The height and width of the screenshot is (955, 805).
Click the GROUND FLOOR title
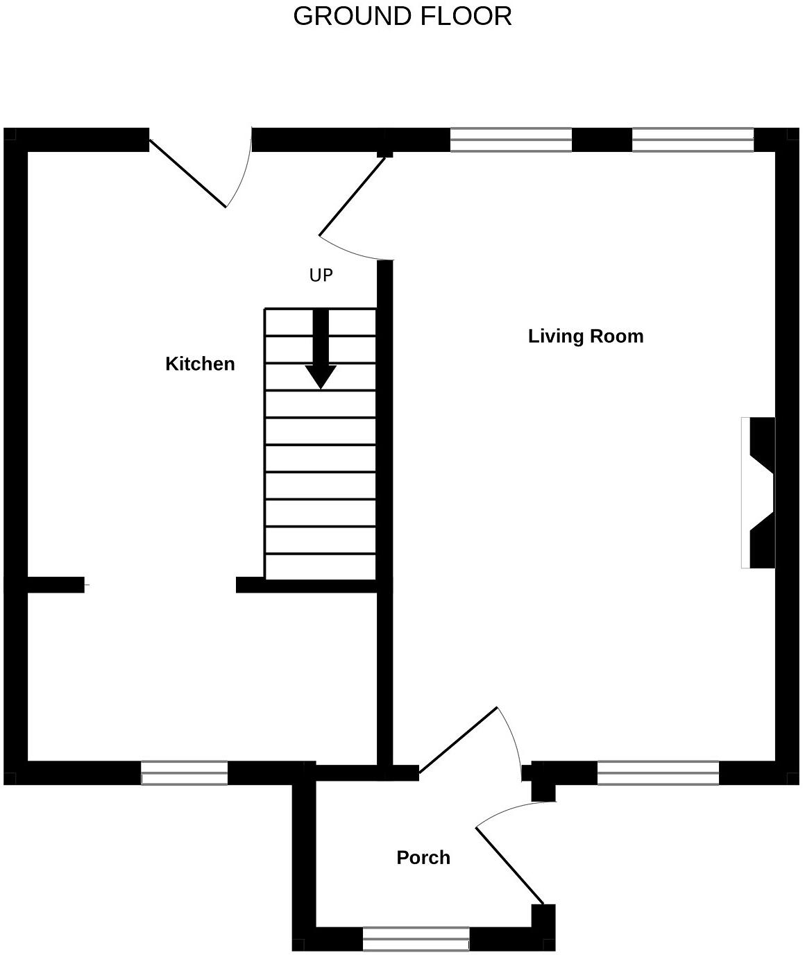tap(402, 16)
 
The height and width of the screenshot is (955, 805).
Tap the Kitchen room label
tap(200, 364)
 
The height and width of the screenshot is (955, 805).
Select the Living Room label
tap(586, 336)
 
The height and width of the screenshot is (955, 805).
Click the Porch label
tap(423, 858)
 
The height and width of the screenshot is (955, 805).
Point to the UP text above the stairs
tap(321, 276)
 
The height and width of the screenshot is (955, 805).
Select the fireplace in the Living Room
tap(759, 493)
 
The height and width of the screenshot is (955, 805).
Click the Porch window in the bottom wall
tap(416, 939)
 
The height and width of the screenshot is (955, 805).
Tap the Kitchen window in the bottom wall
tap(185, 773)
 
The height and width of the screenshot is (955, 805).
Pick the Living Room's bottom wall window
tap(658, 773)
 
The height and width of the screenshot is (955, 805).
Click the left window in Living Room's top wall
tap(511, 140)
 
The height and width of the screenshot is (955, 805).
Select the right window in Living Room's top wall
tap(693, 140)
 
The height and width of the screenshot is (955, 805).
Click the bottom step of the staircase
tap(321, 566)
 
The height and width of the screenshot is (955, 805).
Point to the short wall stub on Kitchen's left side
tap(56, 585)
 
